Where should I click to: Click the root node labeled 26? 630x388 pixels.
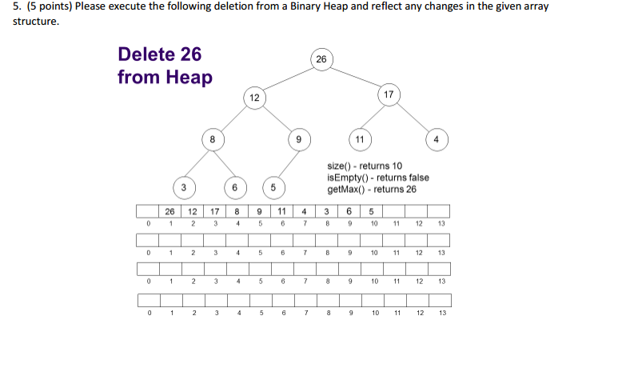(321, 59)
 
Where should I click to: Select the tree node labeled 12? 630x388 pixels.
(254, 98)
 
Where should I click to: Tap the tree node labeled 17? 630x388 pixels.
(389, 95)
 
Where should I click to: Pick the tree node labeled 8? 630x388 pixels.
(212, 139)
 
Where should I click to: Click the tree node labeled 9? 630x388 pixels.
(298, 139)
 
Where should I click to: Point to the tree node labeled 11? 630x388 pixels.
(360, 139)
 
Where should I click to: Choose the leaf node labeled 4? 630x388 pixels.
(437, 139)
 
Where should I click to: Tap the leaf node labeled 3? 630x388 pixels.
(183, 187)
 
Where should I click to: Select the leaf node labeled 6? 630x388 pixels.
(234, 187)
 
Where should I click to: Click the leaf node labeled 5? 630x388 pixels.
(273, 187)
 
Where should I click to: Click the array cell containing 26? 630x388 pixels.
(169, 211)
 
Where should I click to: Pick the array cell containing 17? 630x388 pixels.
(215, 211)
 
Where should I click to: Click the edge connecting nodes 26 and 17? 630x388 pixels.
(355, 77)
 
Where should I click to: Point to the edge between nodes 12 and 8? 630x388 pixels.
(233, 118)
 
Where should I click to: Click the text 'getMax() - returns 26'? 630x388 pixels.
(372, 190)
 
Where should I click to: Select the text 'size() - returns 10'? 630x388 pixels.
(365, 166)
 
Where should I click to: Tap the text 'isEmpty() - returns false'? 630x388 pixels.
(378, 178)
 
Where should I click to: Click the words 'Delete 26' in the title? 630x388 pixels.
(159, 54)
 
